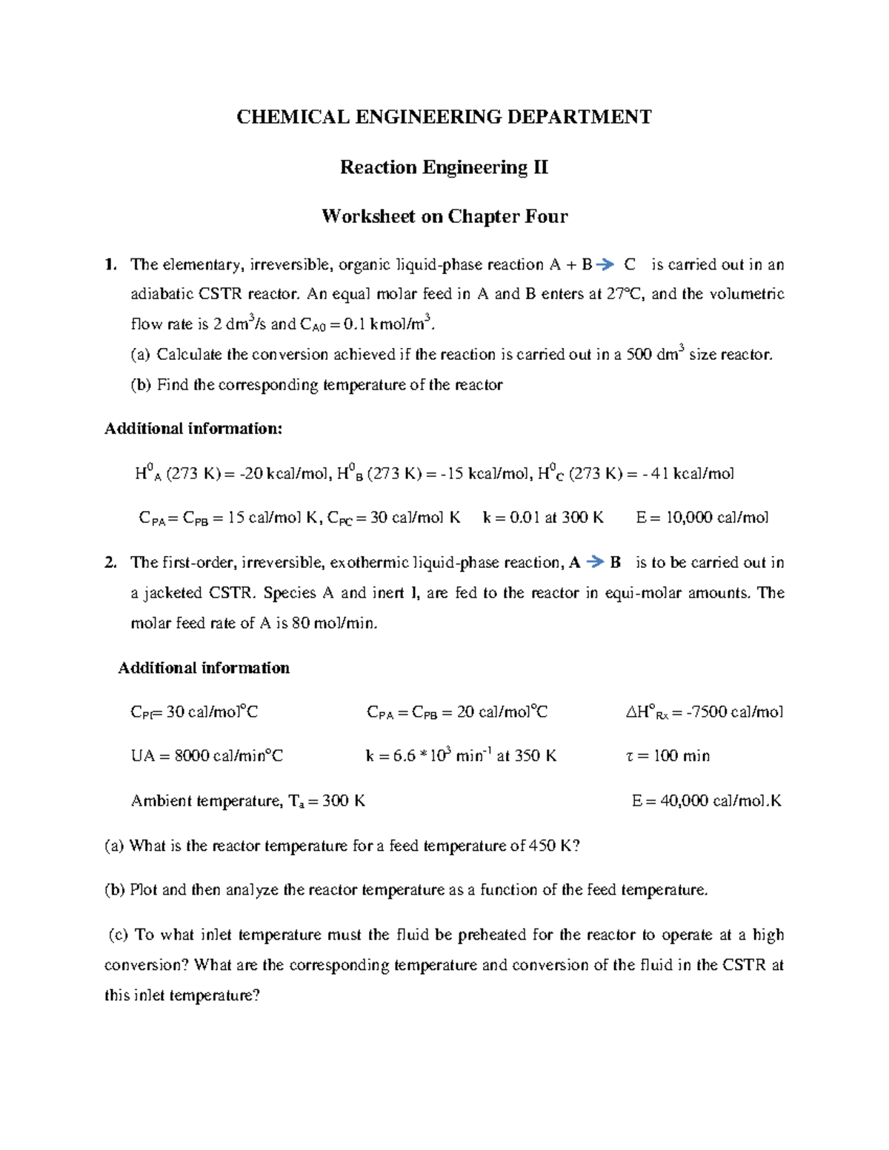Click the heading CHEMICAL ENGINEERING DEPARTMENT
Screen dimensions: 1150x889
click(x=444, y=117)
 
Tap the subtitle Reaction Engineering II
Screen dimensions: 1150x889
click(x=444, y=167)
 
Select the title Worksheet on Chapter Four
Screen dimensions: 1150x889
click(x=444, y=216)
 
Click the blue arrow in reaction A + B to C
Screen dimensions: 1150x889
click(x=605, y=264)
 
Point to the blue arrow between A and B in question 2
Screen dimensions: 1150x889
click(x=595, y=563)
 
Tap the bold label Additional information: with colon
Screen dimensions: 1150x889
click(x=193, y=429)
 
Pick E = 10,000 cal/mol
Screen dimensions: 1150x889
click(x=702, y=518)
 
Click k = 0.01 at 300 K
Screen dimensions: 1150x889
click(x=543, y=518)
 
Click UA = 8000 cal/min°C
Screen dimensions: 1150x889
click(x=207, y=756)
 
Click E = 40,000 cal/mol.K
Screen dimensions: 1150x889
click(x=706, y=800)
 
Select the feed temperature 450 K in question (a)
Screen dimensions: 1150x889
click(x=550, y=846)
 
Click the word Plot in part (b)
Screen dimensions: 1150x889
click(x=144, y=890)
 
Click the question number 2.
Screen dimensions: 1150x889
click(x=110, y=563)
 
